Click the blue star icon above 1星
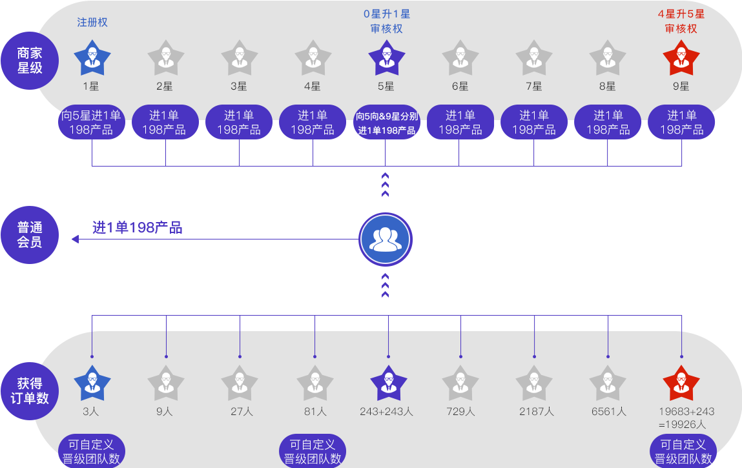(x=92, y=58)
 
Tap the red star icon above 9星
(x=681, y=58)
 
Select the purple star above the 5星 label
(x=386, y=58)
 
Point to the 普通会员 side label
(x=30, y=234)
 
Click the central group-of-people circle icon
(x=386, y=239)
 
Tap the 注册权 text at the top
(x=92, y=23)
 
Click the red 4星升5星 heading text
(x=681, y=14)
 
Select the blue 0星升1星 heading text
(x=386, y=14)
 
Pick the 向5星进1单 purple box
(x=92, y=123)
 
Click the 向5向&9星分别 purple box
(x=386, y=123)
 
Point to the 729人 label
(x=460, y=411)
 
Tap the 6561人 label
(x=608, y=411)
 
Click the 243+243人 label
(x=386, y=411)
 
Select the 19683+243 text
(x=686, y=411)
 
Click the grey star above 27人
(x=240, y=383)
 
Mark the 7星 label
(x=533, y=86)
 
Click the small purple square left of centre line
(x=75, y=239)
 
